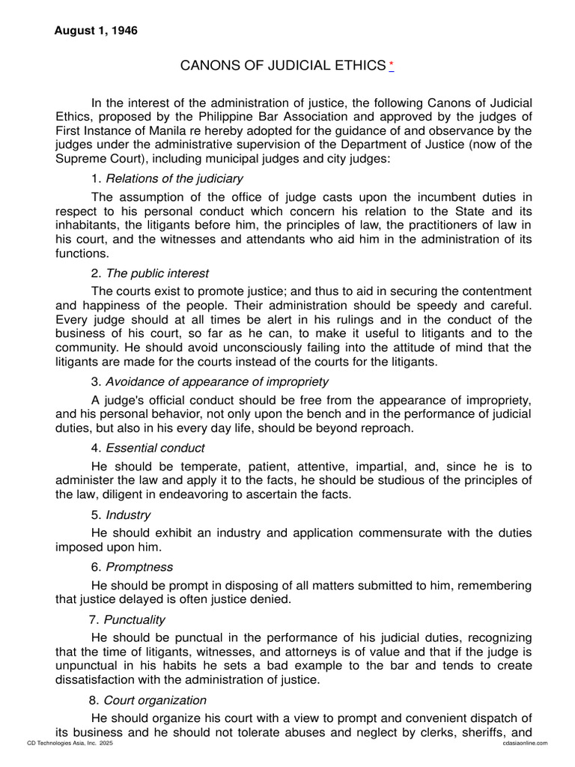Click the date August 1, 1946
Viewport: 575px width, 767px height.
coord(96,31)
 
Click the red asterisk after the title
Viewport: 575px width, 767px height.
coord(391,67)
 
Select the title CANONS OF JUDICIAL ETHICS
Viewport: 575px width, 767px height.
coord(282,66)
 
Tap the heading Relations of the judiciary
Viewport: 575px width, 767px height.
coord(174,178)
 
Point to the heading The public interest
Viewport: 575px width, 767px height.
coord(157,273)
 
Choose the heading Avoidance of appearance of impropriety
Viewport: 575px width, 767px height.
coord(216,381)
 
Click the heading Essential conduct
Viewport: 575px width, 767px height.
coord(155,448)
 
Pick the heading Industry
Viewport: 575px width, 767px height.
coord(128,515)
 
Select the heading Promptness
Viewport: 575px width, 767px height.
coord(139,567)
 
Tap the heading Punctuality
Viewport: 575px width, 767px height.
coord(135,619)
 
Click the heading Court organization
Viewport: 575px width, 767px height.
coord(155,700)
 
